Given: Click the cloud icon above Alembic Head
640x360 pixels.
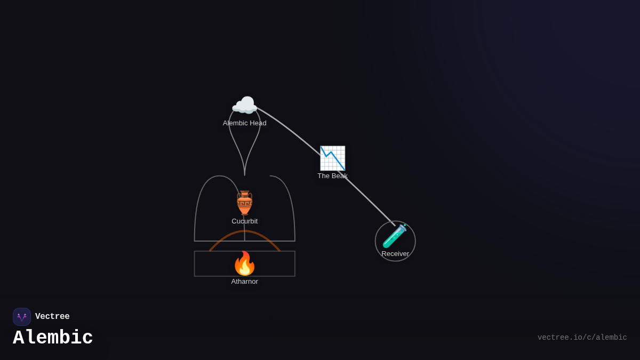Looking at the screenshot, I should [244, 106].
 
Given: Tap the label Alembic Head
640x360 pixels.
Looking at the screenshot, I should [244, 123].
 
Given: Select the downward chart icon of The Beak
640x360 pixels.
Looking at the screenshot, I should [332, 158].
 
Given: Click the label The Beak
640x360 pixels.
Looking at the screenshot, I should [332, 176].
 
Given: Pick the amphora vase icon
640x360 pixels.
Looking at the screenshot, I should [244, 203].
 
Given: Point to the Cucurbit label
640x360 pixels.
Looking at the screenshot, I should [244, 221].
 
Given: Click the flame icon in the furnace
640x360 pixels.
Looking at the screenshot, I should [244, 263].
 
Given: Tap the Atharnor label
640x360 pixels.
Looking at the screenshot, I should [244, 282].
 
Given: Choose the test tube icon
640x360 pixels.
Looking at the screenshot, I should [395, 236].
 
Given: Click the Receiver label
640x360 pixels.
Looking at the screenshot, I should [395, 254].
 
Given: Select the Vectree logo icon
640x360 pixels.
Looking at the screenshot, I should [22, 317].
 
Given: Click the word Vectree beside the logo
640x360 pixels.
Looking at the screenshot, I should [52, 317].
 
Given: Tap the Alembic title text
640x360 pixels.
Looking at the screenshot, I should [53, 338].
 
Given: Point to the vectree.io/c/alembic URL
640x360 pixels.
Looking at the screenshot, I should [582, 338].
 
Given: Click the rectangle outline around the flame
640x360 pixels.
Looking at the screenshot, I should [195, 264].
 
